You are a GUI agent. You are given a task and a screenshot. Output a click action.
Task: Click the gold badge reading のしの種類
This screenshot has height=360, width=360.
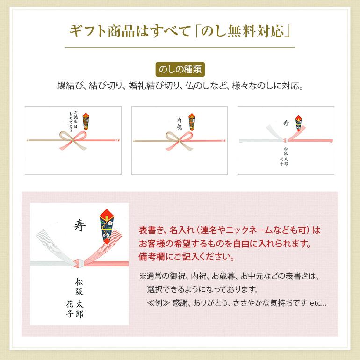point(180,69)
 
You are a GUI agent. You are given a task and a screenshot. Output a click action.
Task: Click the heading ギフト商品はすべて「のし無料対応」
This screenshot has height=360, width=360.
point(180,31)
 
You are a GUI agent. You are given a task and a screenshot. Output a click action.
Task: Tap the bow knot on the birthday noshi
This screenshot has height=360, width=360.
point(73,139)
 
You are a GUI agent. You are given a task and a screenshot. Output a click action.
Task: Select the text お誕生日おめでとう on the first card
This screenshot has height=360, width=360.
point(73,122)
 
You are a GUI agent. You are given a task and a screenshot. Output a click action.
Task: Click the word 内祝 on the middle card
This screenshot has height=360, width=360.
point(180,124)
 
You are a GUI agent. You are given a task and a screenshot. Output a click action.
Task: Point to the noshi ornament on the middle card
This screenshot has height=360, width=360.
point(192,122)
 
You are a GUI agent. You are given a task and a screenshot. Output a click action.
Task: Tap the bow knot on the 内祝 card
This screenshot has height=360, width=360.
point(180,140)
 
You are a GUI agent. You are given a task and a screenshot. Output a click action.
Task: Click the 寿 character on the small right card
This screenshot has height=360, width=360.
point(286,123)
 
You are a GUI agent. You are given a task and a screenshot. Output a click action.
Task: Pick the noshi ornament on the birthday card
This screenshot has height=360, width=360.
point(86,122)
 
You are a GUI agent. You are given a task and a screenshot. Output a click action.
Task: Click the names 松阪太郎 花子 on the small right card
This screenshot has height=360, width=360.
point(284,156)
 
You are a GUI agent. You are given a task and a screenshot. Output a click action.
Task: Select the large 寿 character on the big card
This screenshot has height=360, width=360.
point(79,225)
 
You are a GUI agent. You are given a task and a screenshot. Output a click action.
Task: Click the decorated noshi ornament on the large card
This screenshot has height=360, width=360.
point(107,226)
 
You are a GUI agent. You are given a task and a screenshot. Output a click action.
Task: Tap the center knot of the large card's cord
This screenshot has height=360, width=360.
point(79,263)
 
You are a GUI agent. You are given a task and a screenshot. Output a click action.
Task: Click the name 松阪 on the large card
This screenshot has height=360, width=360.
point(79,287)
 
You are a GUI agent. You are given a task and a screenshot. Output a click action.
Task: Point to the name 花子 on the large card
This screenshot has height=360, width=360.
point(70,309)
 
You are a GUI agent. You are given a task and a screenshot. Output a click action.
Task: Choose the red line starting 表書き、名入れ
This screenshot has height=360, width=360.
point(229,230)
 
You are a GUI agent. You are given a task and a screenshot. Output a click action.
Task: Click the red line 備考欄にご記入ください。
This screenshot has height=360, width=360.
point(187,257)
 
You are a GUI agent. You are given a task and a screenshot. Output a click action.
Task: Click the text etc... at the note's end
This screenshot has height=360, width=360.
point(318,303)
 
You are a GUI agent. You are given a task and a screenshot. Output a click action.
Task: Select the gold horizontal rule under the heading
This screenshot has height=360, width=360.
point(180,47)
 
